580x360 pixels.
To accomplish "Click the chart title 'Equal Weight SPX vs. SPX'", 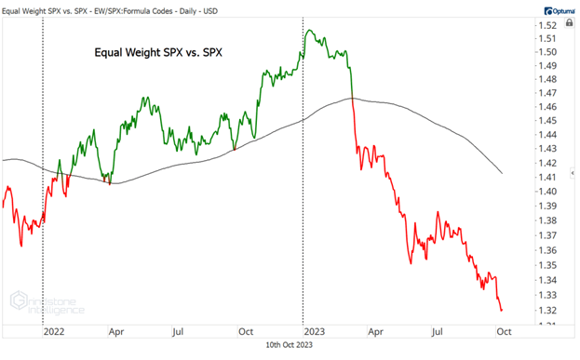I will [x=163, y=53].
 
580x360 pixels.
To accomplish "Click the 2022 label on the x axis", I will [x=53, y=331].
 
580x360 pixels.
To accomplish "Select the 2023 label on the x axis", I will [x=314, y=331].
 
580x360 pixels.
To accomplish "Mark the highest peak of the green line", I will [x=310, y=32].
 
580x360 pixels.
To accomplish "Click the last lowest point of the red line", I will [x=503, y=311].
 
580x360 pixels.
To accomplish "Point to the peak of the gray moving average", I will [x=352, y=98].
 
